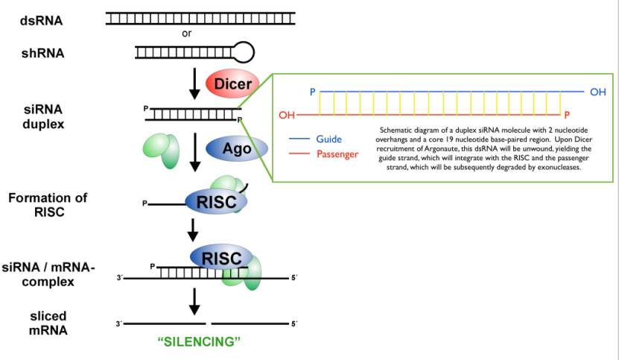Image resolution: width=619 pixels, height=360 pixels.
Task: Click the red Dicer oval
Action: (x=232, y=85)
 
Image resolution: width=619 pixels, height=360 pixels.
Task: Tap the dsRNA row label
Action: (x=42, y=20)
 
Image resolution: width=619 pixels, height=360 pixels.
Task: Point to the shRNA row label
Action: (x=42, y=52)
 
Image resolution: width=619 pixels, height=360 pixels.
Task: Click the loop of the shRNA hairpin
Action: (x=244, y=51)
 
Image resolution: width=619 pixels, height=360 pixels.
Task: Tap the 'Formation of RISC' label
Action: (x=48, y=204)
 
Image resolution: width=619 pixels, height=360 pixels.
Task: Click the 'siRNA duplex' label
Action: (x=43, y=116)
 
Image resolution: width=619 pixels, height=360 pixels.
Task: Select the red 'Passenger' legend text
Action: (x=337, y=154)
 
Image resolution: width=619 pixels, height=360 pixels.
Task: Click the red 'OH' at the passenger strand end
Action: (x=287, y=116)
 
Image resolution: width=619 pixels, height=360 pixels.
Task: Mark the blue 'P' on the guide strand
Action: (x=314, y=92)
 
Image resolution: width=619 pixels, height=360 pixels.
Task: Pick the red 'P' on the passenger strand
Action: (x=567, y=115)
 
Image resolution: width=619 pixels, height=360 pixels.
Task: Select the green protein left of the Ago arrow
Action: (x=163, y=149)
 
